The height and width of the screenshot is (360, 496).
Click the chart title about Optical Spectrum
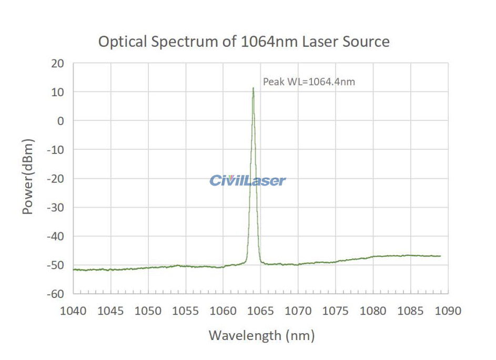point(244,42)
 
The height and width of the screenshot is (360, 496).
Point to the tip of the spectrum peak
point(253,88)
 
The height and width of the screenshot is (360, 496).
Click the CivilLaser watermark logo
point(248,181)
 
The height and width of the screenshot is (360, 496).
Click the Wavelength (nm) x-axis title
point(261,335)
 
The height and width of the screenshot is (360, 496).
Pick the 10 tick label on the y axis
point(57,92)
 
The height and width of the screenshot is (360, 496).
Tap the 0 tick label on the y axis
point(60,121)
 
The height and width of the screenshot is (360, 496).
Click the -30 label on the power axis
point(55,207)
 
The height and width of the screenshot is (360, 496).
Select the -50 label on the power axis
point(55,265)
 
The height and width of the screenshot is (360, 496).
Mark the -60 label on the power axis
point(55,293)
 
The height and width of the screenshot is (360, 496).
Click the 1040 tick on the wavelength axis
point(73,311)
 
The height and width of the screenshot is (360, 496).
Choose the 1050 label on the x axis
point(148,311)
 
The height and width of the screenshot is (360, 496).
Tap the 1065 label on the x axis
point(261,311)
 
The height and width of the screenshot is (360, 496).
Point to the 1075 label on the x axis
point(336,311)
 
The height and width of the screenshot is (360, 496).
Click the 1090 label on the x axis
point(448,311)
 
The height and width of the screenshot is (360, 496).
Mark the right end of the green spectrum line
point(440,256)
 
